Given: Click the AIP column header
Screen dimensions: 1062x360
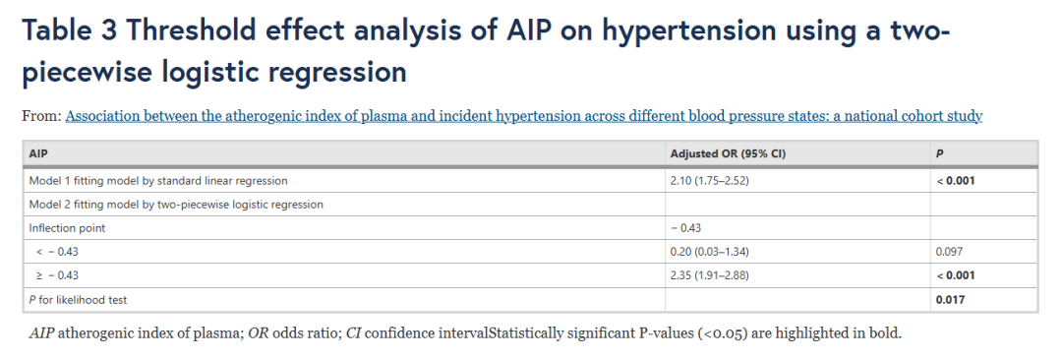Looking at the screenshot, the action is pyautogui.click(x=37, y=153).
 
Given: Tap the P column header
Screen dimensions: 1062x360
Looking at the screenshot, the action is pyautogui.click(x=938, y=153).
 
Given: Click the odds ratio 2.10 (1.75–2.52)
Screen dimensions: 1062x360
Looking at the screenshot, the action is pyautogui.click(x=706, y=181).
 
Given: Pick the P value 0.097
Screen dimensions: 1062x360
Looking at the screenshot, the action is pyautogui.click(x=948, y=252).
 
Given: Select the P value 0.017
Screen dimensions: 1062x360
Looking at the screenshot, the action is pyautogui.click(x=950, y=299).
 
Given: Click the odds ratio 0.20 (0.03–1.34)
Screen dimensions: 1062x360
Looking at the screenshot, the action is pyautogui.click(x=708, y=252).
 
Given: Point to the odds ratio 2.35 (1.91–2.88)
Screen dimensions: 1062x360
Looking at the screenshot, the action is pyautogui.click(x=707, y=275).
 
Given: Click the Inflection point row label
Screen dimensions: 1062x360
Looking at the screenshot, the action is pyautogui.click(x=67, y=228).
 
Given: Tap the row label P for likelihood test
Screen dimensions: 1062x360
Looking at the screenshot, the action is pyautogui.click(x=79, y=299).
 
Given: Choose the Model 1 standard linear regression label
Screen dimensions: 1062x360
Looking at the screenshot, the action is pyautogui.click(x=158, y=181).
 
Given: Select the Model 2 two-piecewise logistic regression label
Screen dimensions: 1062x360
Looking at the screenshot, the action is pyautogui.click(x=176, y=205).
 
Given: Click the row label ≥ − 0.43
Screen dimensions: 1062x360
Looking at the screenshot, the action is pyautogui.click(x=55, y=275).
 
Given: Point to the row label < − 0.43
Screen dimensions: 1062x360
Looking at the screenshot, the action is pyautogui.click(x=55, y=252).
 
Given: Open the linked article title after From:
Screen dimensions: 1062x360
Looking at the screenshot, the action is pyautogui.click(x=523, y=117).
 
